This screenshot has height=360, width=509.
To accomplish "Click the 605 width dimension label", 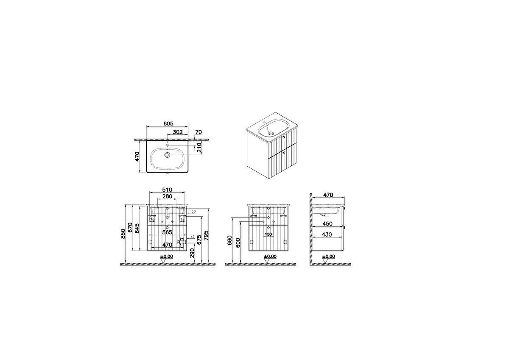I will coord(168,123).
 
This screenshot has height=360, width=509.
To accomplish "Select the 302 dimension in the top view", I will coord(177,132).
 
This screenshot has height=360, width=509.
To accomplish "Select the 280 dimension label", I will coord(167,196).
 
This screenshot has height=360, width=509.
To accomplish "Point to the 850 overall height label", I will coord(123,233).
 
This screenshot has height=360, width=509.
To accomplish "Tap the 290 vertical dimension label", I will coord(192,253).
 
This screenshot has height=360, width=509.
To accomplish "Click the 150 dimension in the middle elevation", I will coord(268,234).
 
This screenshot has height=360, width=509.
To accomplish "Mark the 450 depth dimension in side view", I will coord(327,224).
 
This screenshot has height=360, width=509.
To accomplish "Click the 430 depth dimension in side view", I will coord(327,234).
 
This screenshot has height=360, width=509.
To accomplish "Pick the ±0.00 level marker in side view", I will coord(328,257).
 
